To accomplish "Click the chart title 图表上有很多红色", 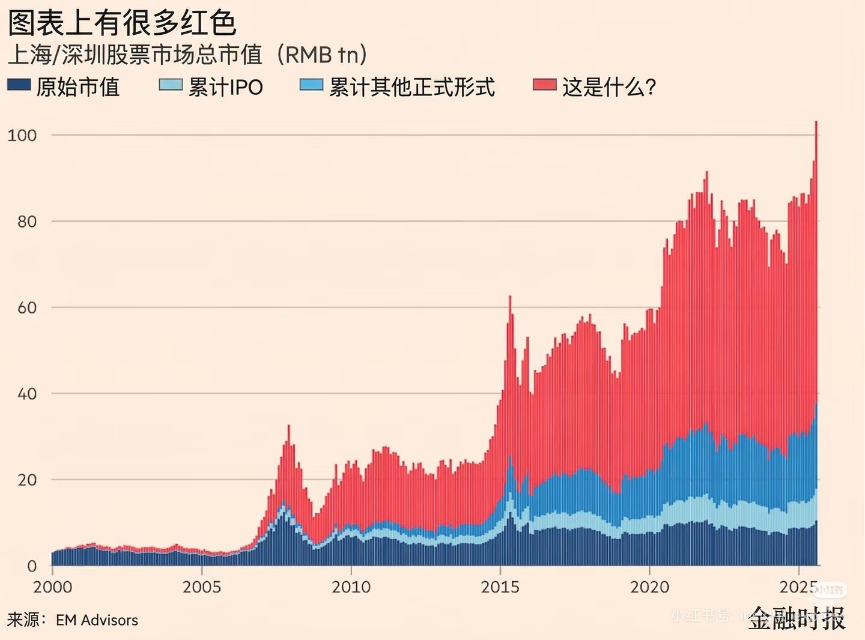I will click(x=122, y=23).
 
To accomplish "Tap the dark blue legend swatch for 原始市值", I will click(x=19, y=85).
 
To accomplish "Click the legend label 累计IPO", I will click(x=225, y=87).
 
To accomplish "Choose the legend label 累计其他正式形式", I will click(x=411, y=87).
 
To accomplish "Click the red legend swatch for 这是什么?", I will click(x=545, y=85).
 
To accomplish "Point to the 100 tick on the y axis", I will click(x=22, y=135).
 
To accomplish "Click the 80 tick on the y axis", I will click(x=27, y=222).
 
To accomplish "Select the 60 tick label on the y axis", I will click(x=27, y=308).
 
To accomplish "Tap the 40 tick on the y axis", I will click(x=27, y=394).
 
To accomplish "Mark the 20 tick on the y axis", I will click(x=27, y=480).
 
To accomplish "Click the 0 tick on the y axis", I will click(x=32, y=566).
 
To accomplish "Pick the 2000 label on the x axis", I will click(x=53, y=587).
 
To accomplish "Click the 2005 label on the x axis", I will click(x=202, y=587).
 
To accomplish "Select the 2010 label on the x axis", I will click(x=351, y=587).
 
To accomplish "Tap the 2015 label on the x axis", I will click(x=500, y=587).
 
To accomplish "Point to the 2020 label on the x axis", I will click(x=649, y=587).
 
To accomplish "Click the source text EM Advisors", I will click(x=97, y=620).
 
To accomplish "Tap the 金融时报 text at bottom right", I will click(x=797, y=618).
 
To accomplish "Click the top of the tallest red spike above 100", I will click(x=816, y=122).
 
